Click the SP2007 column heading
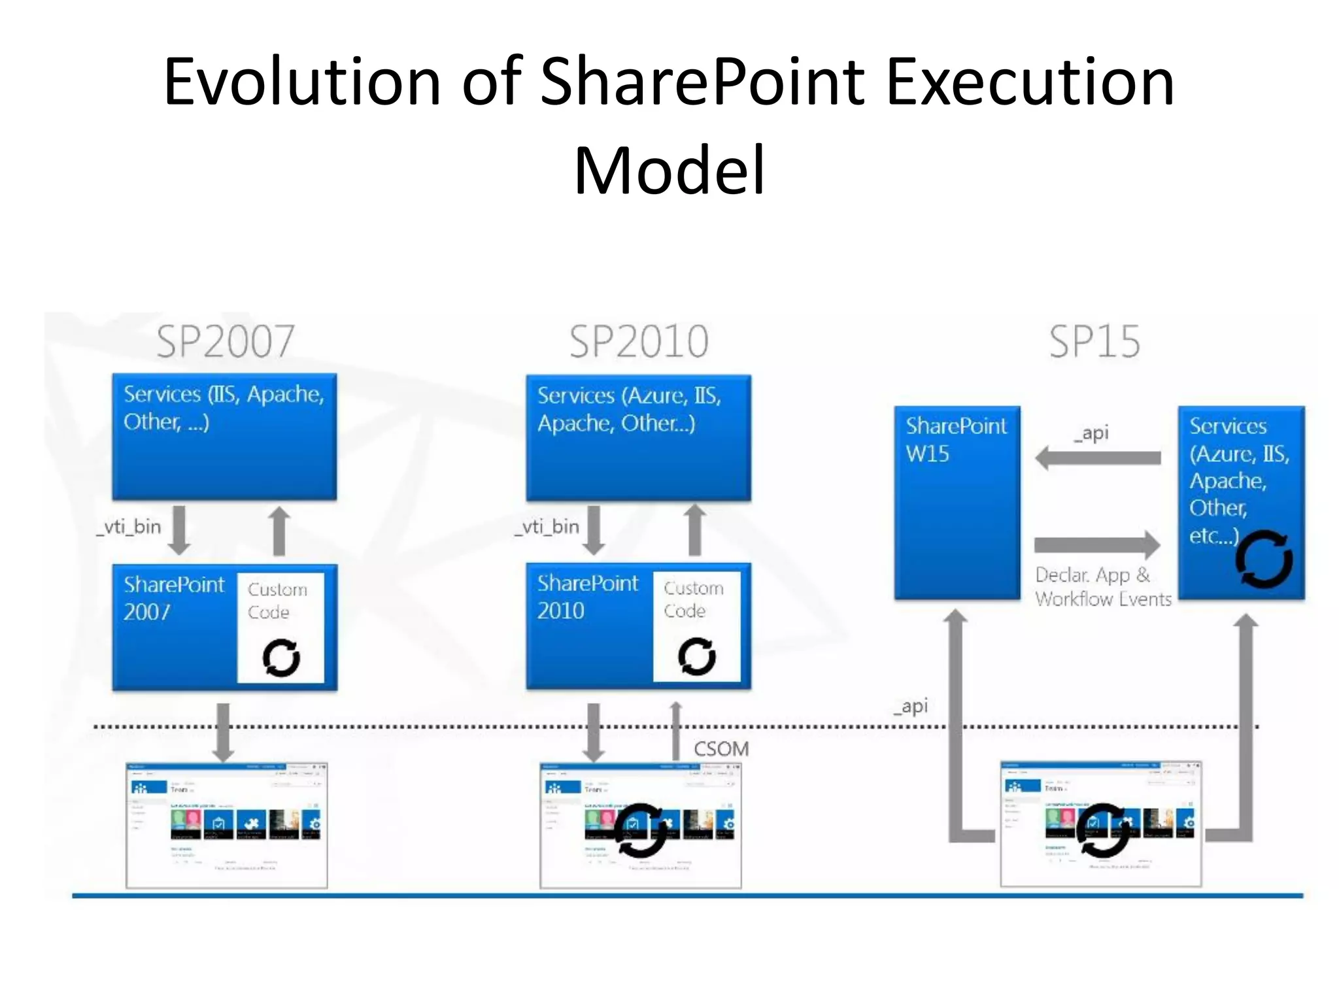click(x=226, y=341)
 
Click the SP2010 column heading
click(x=639, y=341)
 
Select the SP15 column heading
click(x=1094, y=341)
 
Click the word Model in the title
click(x=669, y=171)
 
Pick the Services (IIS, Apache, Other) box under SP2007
click(x=224, y=437)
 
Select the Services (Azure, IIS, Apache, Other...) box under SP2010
click(x=638, y=438)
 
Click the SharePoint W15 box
click(x=957, y=502)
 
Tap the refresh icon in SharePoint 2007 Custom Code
click(x=281, y=657)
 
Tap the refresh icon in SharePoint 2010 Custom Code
click(x=697, y=656)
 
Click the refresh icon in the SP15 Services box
click(x=1263, y=559)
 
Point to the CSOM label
click(x=721, y=748)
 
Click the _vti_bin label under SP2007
click(x=129, y=527)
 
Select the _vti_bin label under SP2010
click(x=547, y=527)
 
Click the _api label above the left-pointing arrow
click(x=1091, y=433)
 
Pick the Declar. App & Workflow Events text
click(x=1102, y=586)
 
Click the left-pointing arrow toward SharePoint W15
click(x=1098, y=458)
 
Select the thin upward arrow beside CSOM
click(x=676, y=731)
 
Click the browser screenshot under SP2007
click(x=226, y=825)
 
